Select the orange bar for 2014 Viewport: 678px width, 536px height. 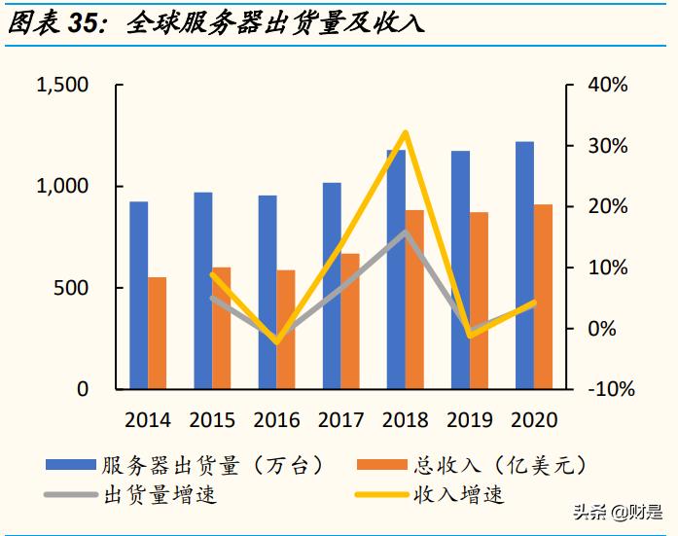pos(158,334)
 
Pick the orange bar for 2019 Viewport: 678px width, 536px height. pos(479,301)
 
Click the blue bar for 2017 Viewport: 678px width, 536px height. pos(332,286)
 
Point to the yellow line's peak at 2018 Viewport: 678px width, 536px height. pos(406,132)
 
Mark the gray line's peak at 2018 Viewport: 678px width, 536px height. pos(406,232)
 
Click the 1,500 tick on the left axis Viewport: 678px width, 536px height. pos(62,86)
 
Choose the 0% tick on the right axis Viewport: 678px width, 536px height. pos(603,329)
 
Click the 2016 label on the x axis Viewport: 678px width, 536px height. pos(277,420)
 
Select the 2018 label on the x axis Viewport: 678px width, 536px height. pos(406,420)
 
